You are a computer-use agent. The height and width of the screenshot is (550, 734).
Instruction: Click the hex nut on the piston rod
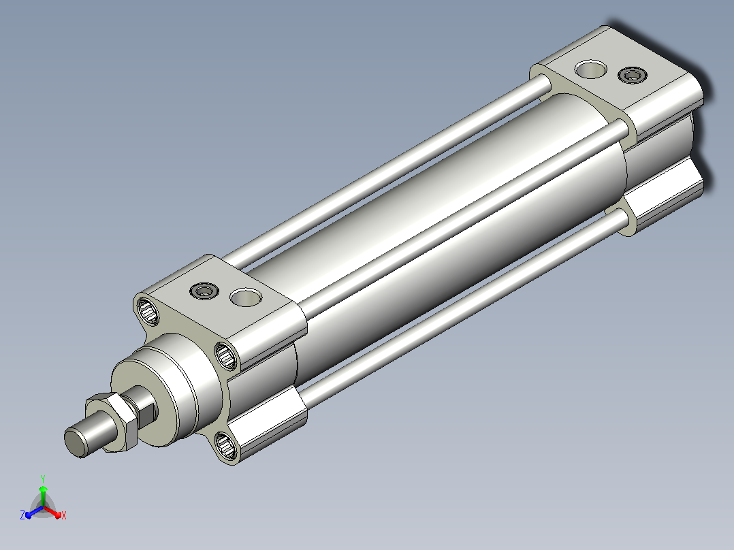[112, 421]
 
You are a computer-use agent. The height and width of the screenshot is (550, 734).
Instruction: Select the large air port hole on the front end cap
[246, 297]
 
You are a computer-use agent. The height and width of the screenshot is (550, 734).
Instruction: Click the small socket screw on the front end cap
[204, 291]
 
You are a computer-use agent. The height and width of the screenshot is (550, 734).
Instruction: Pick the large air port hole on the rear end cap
[591, 69]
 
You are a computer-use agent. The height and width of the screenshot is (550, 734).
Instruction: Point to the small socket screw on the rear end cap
[633, 75]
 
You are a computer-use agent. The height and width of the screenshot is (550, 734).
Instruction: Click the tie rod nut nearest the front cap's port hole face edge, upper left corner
[148, 310]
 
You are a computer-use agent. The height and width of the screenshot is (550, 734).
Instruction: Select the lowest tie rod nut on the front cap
[226, 445]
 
